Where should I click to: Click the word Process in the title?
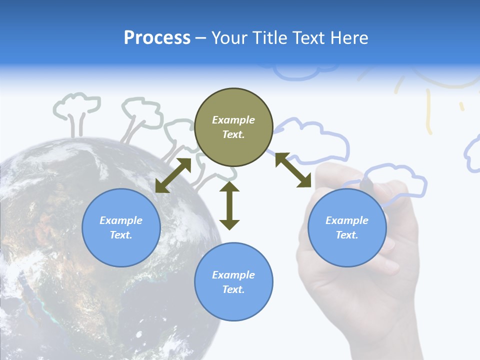(x=157, y=38)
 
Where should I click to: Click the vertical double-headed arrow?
(x=229, y=205)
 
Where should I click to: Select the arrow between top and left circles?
(x=173, y=175)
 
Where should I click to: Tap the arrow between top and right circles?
(x=293, y=170)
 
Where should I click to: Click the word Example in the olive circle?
(x=233, y=120)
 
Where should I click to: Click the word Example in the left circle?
(x=121, y=220)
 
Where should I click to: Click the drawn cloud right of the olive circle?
(x=320, y=140)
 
